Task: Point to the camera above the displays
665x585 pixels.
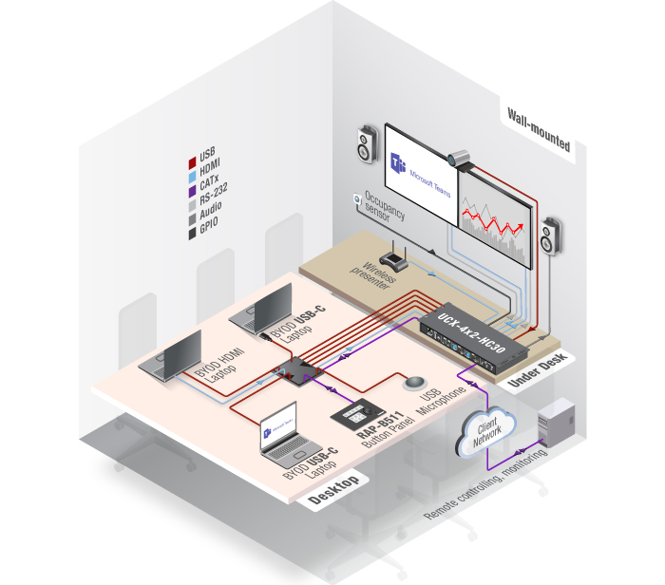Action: coord(458,157)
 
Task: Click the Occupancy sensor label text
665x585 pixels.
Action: coord(384,203)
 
